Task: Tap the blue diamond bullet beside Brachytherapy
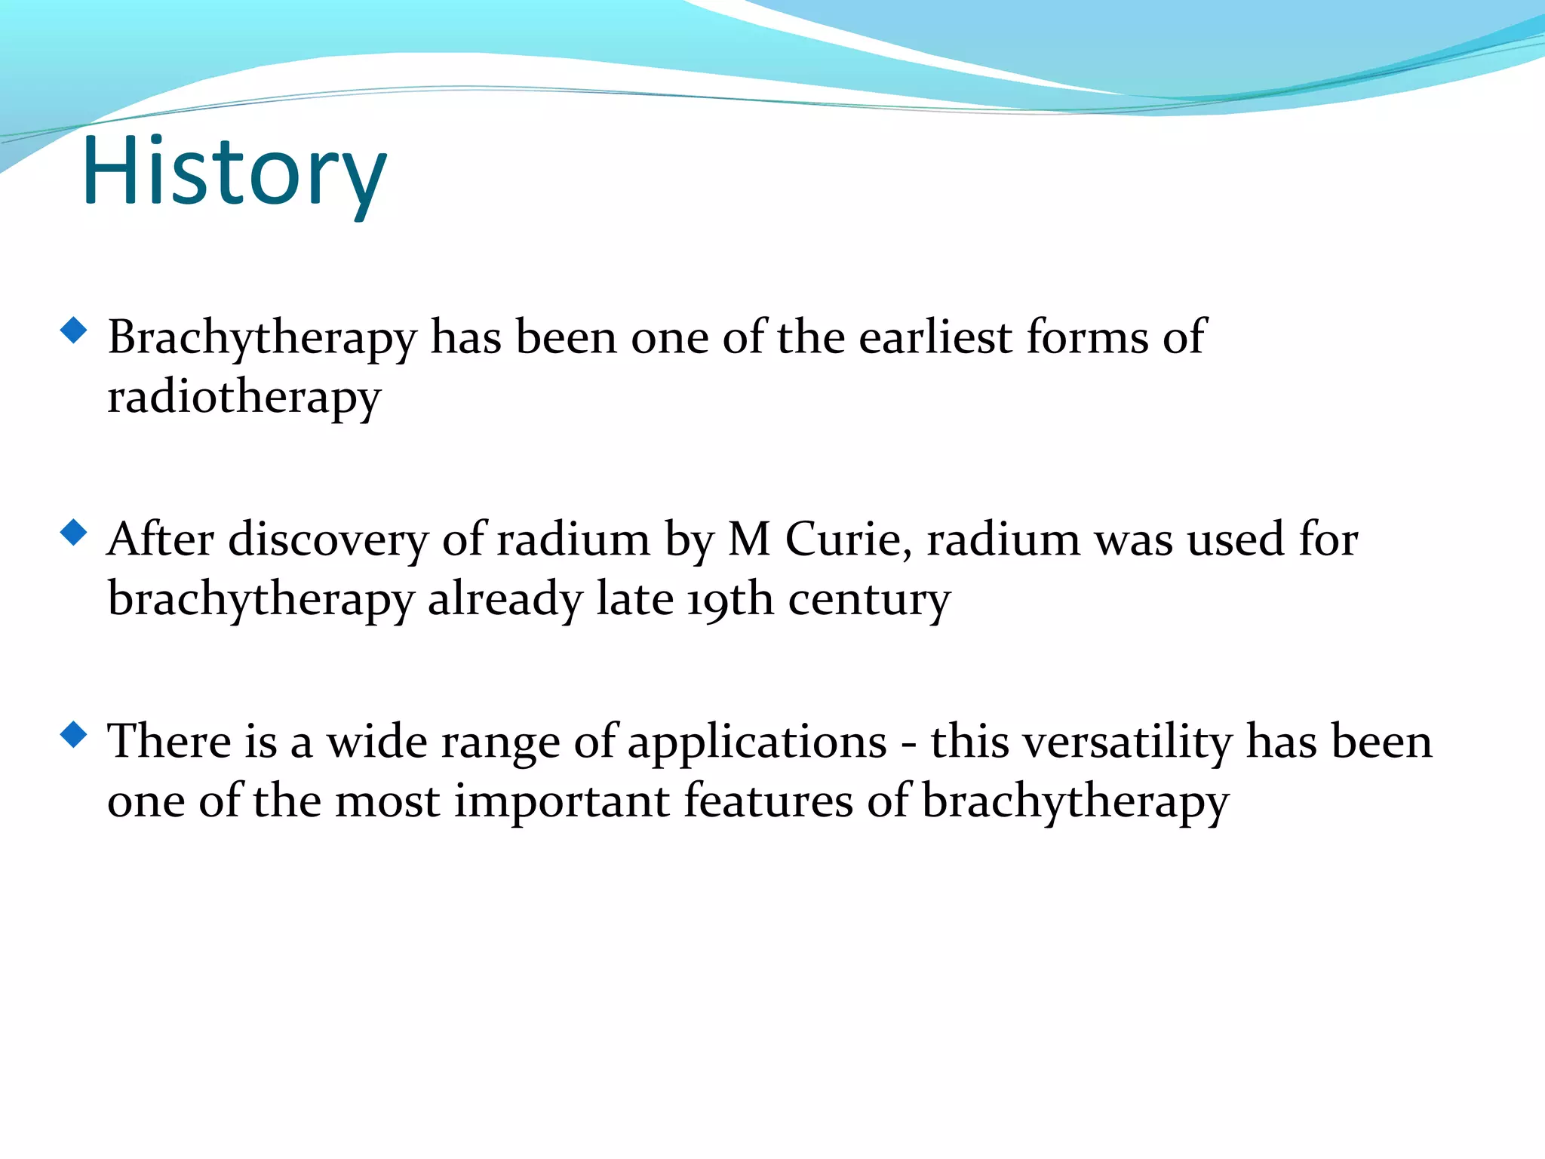click(x=73, y=330)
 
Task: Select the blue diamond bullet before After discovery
click(x=73, y=533)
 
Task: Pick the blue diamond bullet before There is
click(x=73, y=734)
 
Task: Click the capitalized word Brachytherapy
click(x=262, y=339)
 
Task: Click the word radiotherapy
click(x=244, y=398)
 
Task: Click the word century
click(x=869, y=601)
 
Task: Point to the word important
click(x=561, y=802)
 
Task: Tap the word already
click(x=505, y=601)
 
